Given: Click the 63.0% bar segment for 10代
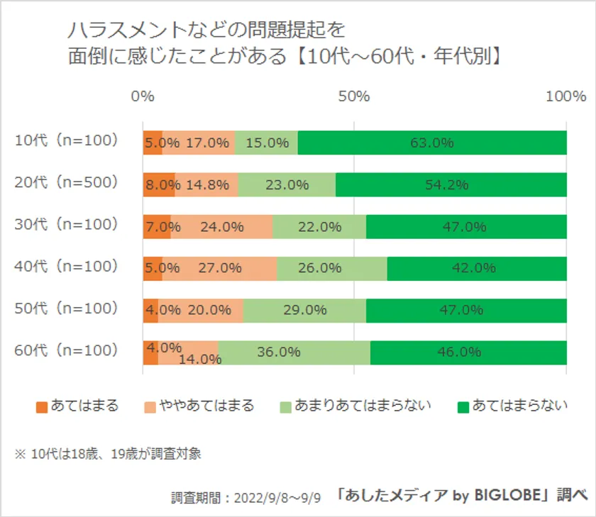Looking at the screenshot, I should [432, 143].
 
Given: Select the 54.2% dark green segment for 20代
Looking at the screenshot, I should [451, 185].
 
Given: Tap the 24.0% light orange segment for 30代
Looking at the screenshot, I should [221, 227].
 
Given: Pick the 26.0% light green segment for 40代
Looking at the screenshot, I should [332, 269].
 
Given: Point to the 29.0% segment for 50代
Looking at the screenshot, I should [304, 311].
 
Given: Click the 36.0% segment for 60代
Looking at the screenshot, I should [294, 352].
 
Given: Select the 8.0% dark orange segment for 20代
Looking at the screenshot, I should [159, 185].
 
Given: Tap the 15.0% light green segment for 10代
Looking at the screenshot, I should [266, 143].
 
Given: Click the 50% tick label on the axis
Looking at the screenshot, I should [354, 96].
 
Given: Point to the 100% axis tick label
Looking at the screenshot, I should [566, 96].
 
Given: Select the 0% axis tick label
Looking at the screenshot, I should [143, 96].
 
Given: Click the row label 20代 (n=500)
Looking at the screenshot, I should [65, 183].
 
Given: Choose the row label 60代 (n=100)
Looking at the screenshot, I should [65, 350].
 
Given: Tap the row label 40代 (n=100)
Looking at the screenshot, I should [65, 267].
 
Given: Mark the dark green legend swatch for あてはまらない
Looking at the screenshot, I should [463, 407].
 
